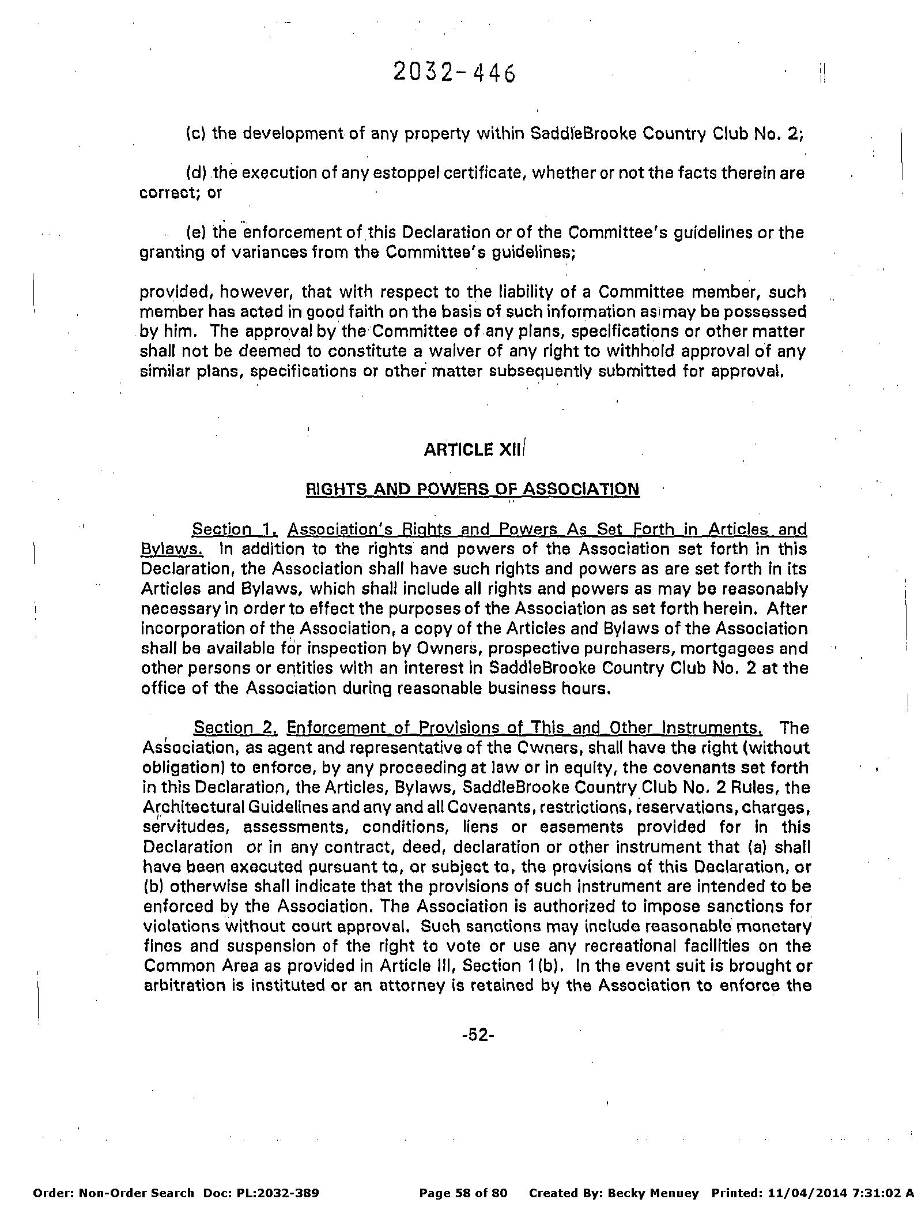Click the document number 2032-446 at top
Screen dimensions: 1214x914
pos(454,73)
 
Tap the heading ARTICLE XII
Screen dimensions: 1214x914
pos(474,450)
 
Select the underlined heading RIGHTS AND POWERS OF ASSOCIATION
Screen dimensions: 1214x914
pos(472,490)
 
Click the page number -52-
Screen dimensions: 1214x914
pos(478,1035)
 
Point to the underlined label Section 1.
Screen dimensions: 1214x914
pos(235,529)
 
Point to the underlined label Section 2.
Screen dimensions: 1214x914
pos(236,728)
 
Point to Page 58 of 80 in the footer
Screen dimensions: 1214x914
pos(463,1177)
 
